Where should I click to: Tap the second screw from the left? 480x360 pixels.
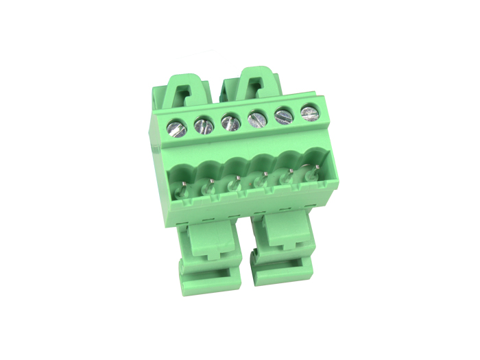click(203, 125)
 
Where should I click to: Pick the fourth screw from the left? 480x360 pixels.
click(257, 119)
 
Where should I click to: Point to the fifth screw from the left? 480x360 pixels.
click(284, 116)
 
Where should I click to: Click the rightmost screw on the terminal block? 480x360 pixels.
click(310, 112)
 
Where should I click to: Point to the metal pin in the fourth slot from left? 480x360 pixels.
click(262, 180)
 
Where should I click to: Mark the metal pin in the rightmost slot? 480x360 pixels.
click(315, 171)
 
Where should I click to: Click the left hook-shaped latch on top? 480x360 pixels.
click(187, 88)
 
